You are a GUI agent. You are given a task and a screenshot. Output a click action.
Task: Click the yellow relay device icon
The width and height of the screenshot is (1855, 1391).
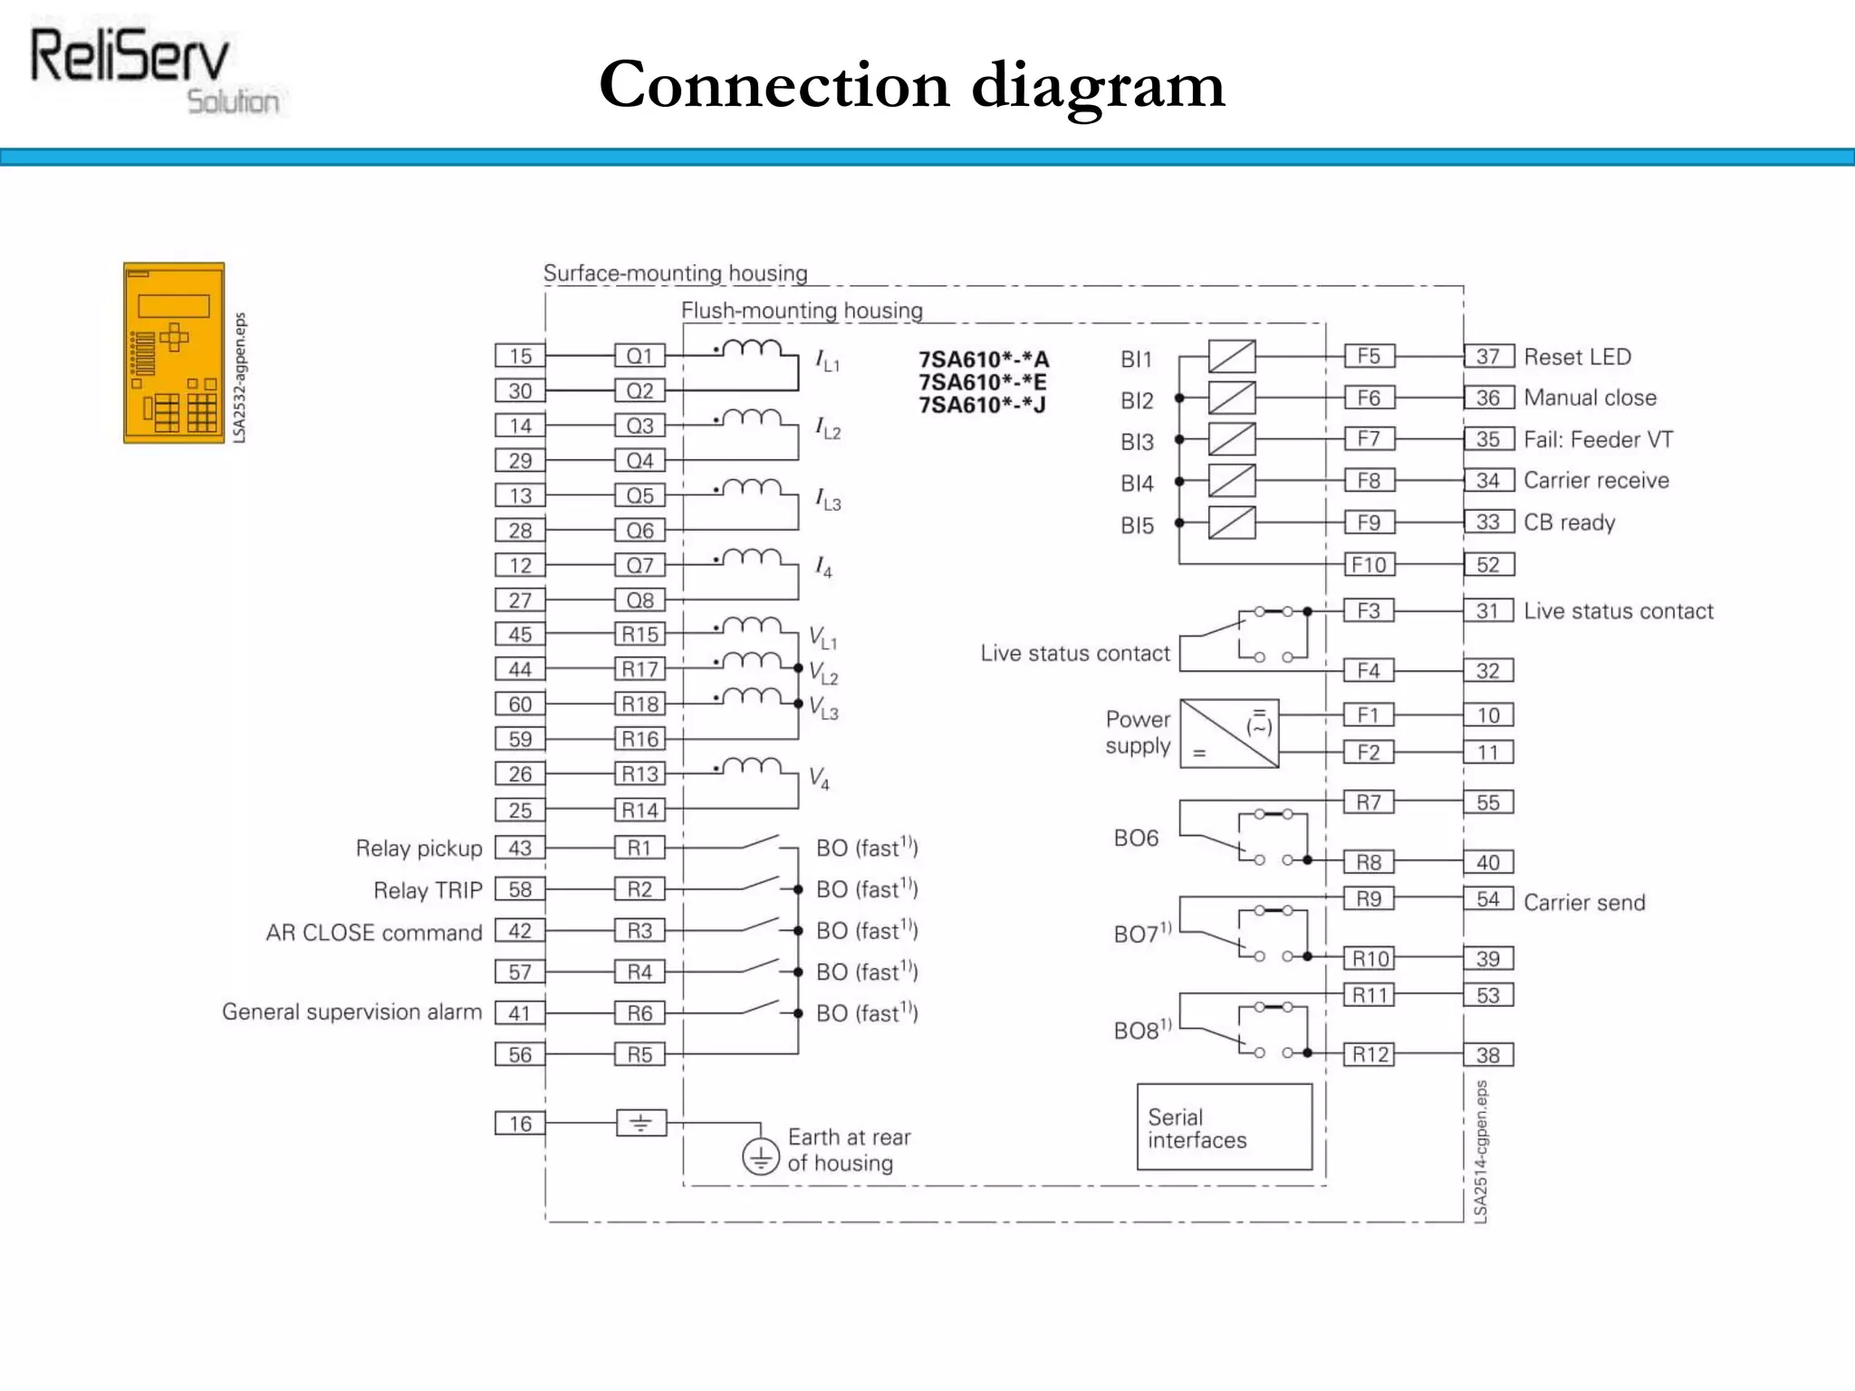tap(174, 353)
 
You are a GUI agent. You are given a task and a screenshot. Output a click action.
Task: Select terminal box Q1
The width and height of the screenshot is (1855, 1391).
tap(639, 356)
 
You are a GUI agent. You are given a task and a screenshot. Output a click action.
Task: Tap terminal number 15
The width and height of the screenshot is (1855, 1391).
tap(520, 356)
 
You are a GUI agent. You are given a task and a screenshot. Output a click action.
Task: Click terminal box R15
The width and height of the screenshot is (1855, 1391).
tap(639, 634)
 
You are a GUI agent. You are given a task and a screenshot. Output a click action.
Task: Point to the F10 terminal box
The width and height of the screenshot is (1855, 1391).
tap(1369, 565)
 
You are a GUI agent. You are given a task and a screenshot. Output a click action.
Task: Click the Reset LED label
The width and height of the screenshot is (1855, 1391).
tap(1577, 357)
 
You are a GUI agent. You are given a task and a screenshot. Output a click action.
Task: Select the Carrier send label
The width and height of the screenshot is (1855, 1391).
tap(1584, 902)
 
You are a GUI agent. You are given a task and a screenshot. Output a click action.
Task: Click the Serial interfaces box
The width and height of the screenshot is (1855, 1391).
tap(1224, 1127)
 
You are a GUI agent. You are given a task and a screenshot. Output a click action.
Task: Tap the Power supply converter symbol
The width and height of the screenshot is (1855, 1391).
tap(1229, 734)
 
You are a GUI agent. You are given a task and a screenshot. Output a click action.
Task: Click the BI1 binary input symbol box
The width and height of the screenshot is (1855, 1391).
tap(1232, 357)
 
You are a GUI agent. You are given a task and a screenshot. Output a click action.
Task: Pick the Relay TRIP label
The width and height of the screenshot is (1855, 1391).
tap(428, 890)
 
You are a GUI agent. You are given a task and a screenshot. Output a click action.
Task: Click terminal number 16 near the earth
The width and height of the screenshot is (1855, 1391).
tap(520, 1124)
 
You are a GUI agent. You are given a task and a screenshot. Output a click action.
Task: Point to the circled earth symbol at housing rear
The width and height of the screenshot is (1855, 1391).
tap(761, 1156)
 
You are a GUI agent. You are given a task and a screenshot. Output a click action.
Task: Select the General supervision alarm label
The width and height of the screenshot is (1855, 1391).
tap(351, 1012)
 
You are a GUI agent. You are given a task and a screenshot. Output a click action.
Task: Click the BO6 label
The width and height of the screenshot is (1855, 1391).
tap(1136, 839)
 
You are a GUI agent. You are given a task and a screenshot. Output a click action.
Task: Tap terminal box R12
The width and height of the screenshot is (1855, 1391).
tap(1370, 1054)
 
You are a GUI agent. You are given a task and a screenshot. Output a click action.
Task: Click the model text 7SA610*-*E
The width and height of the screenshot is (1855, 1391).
tap(983, 382)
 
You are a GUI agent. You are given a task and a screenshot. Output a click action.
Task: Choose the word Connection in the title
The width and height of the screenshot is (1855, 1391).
tap(774, 85)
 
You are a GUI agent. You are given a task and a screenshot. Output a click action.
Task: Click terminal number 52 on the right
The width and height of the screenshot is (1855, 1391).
tap(1488, 565)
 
